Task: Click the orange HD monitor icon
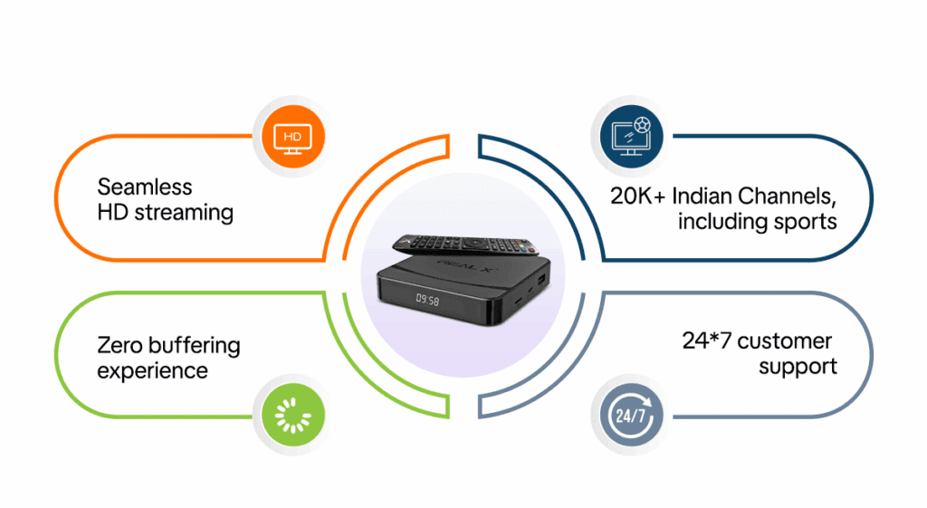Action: (x=291, y=138)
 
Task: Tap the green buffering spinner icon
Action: (x=291, y=417)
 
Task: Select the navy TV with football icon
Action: (x=631, y=138)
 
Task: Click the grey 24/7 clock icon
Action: (x=631, y=417)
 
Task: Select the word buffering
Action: (x=196, y=346)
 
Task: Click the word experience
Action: (x=153, y=371)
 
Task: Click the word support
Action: (x=798, y=367)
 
